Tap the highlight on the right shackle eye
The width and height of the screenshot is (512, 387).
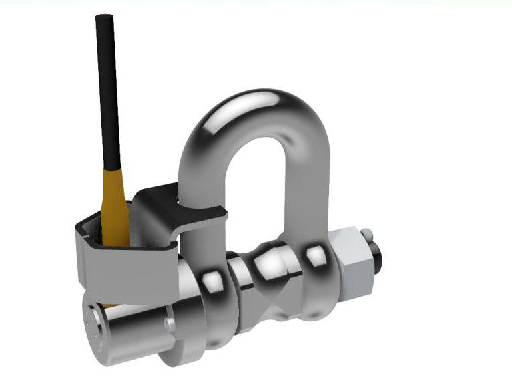click(x=314, y=254)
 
